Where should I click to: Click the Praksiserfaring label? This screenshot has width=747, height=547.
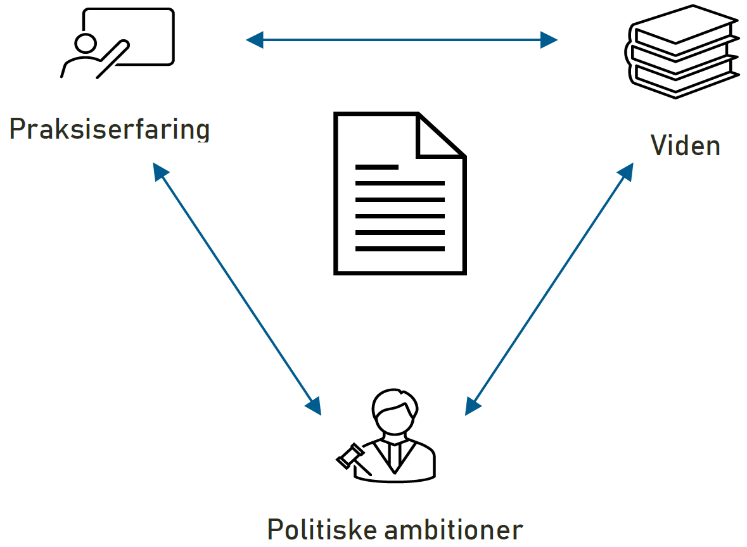click(109, 129)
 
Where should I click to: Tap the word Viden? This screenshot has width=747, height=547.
click(685, 146)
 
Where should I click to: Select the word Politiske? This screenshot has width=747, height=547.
click(319, 529)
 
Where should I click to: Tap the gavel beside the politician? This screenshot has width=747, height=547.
click(351, 456)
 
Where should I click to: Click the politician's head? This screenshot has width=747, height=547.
click(393, 410)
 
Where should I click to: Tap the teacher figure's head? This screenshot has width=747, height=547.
click(84, 44)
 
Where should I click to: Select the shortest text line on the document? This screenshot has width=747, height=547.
click(376, 167)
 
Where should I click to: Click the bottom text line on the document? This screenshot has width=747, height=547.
click(399, 249)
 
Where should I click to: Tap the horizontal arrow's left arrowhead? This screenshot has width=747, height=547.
click(254, 41)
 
